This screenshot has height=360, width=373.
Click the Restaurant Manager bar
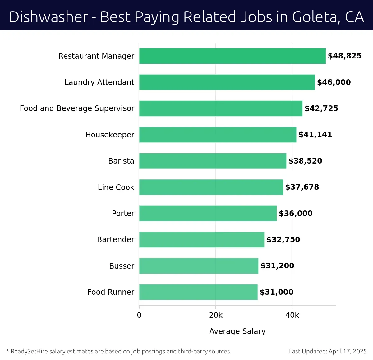click(232, 56)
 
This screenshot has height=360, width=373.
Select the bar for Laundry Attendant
click(227, 82)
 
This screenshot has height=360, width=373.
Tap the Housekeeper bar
click(218, 135)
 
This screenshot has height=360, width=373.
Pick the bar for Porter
click(208, 213)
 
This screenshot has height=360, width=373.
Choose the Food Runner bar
click(198, 292)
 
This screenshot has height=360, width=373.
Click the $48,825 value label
click(344, 56)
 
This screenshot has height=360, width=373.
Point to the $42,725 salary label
click(321, 108)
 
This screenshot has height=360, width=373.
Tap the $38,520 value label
click(305, 161)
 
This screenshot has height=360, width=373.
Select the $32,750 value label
click(283, 240)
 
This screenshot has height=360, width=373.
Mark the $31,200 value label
click(277, 266)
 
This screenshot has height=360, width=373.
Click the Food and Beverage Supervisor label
click(77, 108)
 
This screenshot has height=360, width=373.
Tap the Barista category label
click(121, 161)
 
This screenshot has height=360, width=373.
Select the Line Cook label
click(116, 187)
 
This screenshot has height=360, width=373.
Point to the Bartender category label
click(116, 240)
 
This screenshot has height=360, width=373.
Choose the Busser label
click(122, 266)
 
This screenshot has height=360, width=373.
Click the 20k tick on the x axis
click(215, 315)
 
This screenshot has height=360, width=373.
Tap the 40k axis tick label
click(292, 315)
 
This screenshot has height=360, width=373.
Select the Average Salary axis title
click(237, 331)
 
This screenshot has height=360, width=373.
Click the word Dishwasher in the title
click(48, 17)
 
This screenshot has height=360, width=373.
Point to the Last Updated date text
click(328, 352)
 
